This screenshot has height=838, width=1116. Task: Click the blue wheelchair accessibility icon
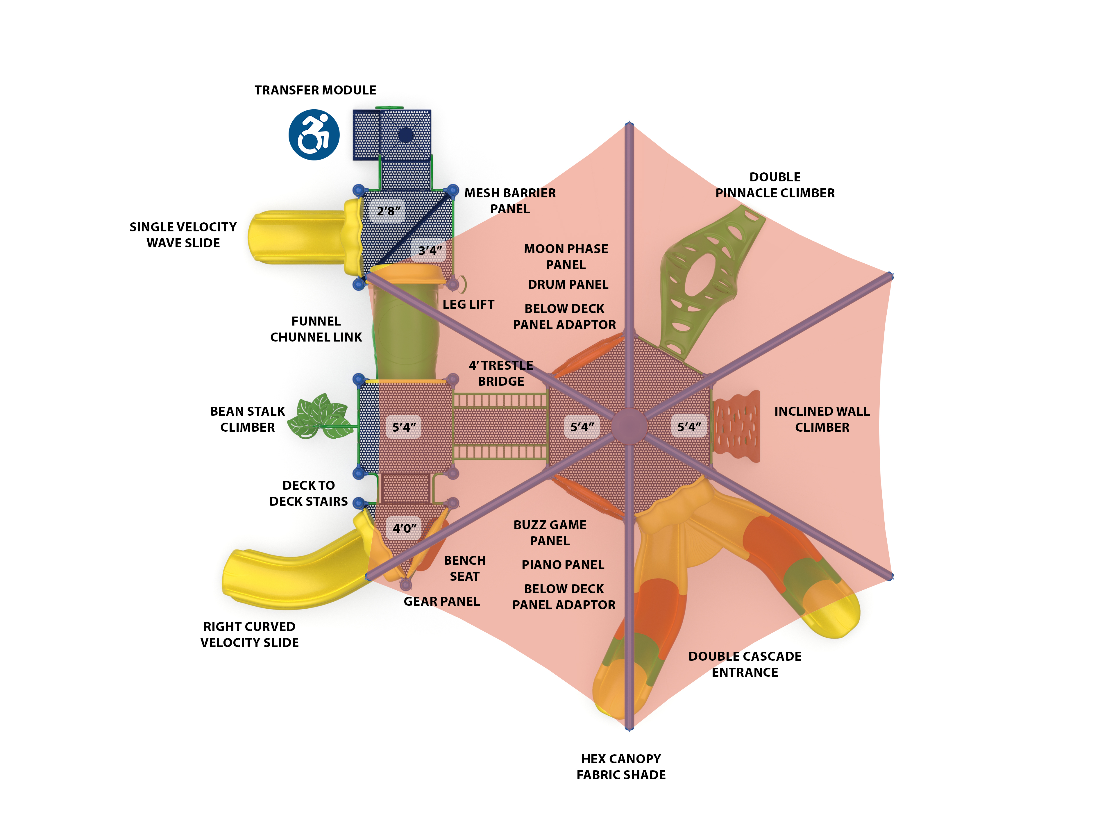point(314,135)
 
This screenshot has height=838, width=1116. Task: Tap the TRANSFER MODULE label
point(315,90)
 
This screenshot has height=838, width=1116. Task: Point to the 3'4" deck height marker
point(430,250)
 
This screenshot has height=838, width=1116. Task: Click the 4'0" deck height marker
point(404,528)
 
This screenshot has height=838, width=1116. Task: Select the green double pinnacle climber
point(706,283)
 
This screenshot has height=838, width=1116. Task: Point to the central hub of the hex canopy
point(629,426)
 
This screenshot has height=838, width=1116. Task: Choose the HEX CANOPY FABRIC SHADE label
point(621,766)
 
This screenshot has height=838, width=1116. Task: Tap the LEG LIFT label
point(468,304)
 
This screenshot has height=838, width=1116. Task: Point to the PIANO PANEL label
point(563,564)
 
